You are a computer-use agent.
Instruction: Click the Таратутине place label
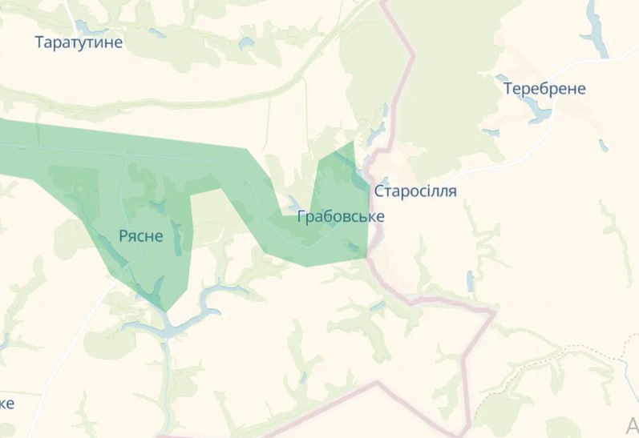tap(79, 42)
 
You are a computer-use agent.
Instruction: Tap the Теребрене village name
tap(544, 89)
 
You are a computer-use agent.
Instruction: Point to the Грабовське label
tap(341, 216)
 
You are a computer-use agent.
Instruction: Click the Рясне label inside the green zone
tap(140, 235)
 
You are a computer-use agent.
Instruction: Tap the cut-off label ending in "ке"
tap(7, 403)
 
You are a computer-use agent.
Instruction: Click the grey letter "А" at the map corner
tap(632, 424)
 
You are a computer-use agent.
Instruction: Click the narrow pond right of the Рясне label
tap(176, 237)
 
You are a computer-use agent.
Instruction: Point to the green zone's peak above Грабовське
tap(352, 144)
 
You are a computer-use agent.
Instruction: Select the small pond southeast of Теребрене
tap(603, 145)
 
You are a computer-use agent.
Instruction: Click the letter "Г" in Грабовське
tap(301, 216)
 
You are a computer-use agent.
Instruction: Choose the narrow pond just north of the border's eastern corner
tap(470, 280)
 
